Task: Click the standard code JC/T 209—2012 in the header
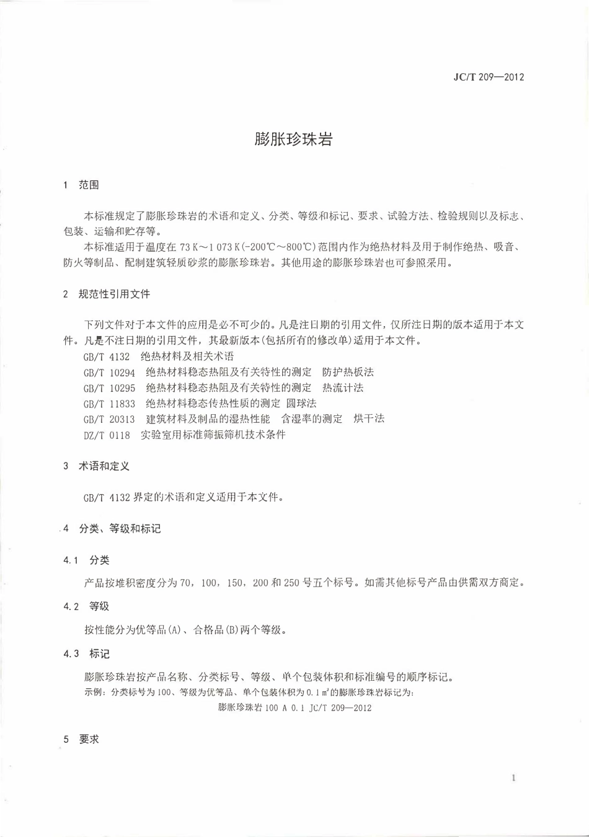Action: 489,77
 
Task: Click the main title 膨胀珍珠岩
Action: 293,139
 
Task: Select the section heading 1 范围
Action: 81,185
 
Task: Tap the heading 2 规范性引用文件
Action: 107,294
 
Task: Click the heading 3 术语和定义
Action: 96,466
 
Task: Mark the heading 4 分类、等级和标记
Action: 112,529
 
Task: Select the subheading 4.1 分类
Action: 86,560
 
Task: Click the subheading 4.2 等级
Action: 86,606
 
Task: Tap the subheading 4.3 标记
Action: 86,653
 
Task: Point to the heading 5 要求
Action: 81,739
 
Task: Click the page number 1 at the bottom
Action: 513,778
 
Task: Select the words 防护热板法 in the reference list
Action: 348,373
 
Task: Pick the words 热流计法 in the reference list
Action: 343,388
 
